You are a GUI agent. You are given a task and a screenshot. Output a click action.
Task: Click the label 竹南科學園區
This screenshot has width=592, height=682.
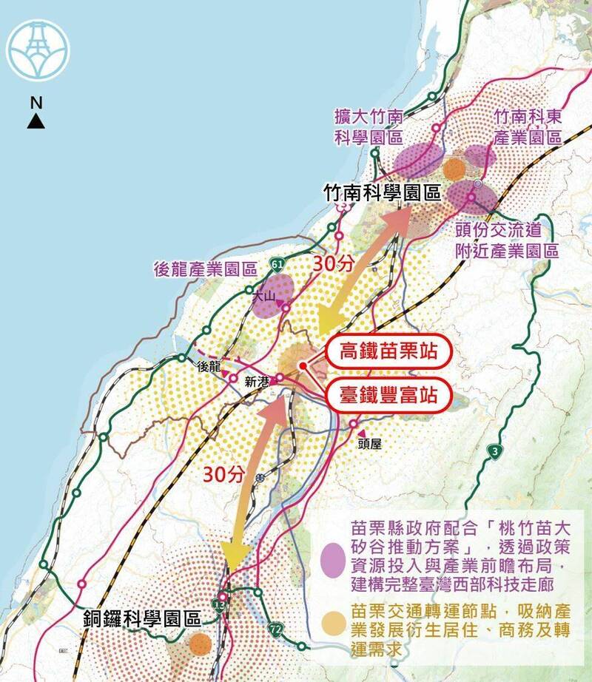pyautogui.click(x=383, y=193)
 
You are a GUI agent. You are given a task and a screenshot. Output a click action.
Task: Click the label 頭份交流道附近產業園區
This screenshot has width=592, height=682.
pyautogui.click(x=507, y=240)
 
